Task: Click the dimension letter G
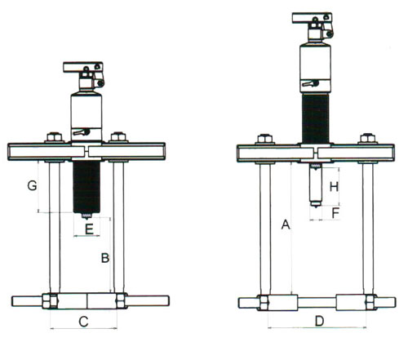33,185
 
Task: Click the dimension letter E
89,229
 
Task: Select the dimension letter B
105,258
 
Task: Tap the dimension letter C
83,322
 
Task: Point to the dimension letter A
286,224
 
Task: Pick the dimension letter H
334,187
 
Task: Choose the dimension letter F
335,213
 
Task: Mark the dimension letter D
320,322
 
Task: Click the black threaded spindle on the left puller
86,187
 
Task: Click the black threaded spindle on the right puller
316,118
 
